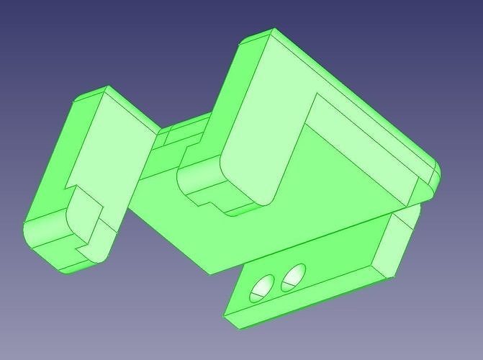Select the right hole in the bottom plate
coord(293,276)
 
